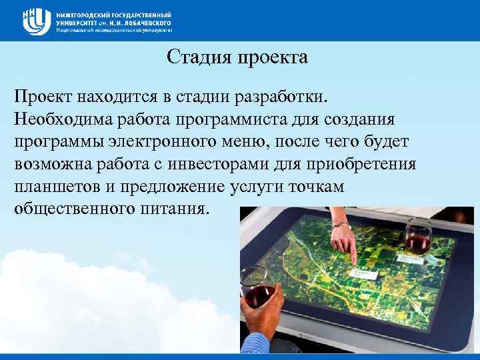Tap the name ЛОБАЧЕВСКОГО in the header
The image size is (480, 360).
point(143,22)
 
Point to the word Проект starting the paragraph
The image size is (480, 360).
point(44,98)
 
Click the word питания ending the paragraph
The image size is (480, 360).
point(177,208)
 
